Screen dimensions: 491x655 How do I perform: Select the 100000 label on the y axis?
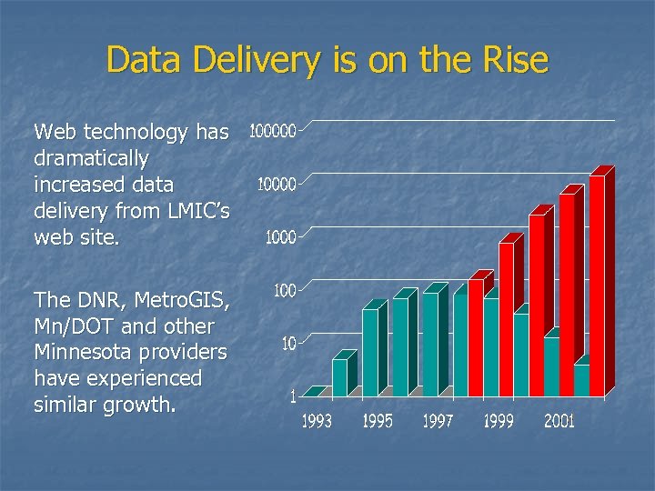[x=272, y=132]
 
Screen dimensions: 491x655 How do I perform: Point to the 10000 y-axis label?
[x=277, y=185]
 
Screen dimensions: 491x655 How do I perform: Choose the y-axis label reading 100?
[x=285, y=291]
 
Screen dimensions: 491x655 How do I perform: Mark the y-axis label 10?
[x=288, y=344]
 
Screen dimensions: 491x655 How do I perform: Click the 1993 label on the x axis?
[x=317, y=421]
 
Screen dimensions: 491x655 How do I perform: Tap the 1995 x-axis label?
[x=378, y=421]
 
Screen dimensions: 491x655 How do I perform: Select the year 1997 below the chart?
[x=438, y=421]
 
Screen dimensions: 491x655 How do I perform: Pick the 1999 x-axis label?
[x=499, y=421]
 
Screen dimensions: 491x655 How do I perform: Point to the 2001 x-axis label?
[x=559, y=421]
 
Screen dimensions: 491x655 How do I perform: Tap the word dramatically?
[x=91, y=158]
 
